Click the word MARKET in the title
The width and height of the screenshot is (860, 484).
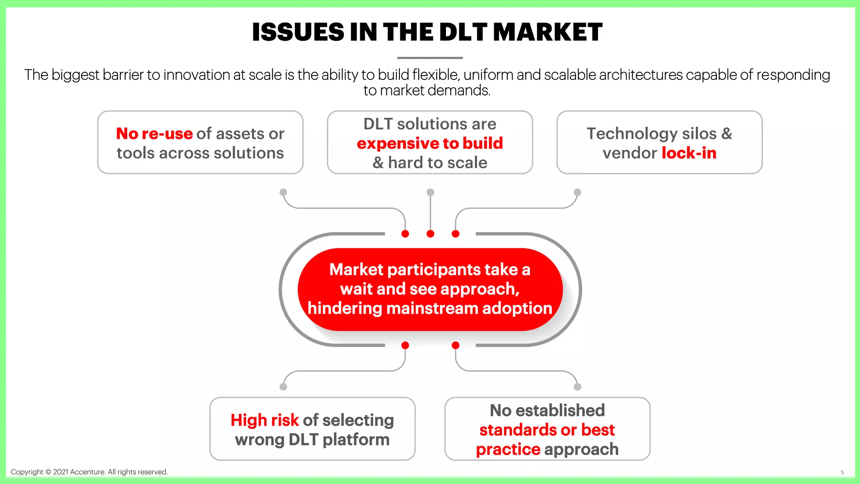548,32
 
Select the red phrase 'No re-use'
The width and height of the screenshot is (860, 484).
154,134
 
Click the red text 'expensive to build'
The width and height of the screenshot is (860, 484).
430,143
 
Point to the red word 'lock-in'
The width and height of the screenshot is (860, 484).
689,153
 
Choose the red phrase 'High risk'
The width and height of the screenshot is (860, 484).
265,420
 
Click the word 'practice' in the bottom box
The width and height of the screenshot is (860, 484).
508,449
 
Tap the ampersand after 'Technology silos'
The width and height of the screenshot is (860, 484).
726,134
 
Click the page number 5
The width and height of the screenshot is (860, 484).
842,472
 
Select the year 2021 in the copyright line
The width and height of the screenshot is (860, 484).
60,472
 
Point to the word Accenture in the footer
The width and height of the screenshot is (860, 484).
87,472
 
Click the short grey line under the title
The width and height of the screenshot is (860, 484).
430,58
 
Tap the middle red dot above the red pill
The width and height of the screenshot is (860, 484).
430,234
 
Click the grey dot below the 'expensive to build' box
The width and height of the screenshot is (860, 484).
430,192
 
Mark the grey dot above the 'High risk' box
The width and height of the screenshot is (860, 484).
283,387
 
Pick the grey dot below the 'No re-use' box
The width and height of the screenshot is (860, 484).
283,192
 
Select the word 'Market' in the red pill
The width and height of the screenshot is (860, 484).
356,269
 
